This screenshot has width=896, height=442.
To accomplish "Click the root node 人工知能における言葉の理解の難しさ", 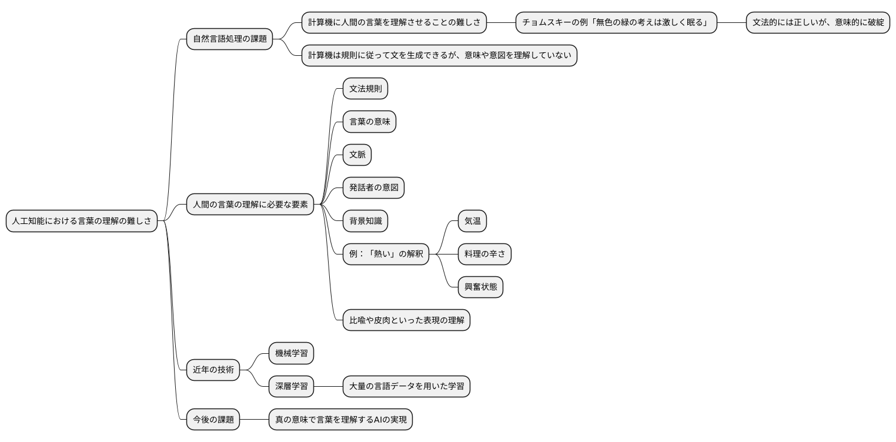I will coord(82,221).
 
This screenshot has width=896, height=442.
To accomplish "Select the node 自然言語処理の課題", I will coord(229,39).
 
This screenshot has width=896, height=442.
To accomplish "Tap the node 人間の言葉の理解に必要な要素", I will coord(250,205).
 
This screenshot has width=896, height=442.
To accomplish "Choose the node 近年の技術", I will coord(213,370).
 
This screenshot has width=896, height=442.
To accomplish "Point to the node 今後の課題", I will coord(213,420).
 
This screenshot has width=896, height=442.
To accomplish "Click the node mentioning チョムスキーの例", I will coord(616,23).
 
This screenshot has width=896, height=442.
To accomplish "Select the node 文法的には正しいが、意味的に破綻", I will coord(818,23).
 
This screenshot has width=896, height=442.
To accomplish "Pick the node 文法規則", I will coord(365,89).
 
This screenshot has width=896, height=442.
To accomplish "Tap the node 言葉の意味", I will coord(369,122).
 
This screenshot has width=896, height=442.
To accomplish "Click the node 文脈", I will coord(357,155).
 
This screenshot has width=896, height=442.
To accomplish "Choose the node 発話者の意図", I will coord(373,188).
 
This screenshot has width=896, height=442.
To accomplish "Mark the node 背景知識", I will coord(365,221).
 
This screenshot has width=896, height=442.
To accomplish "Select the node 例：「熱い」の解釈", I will coord(386,254).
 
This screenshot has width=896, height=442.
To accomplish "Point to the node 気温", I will coord(473,221).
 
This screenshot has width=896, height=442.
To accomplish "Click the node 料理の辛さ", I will coord(484,254).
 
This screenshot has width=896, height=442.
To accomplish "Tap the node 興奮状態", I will coord(480,287).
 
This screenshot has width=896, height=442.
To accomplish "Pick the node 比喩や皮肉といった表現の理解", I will coord(406,320).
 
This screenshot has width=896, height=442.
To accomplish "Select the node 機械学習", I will coord(291,353).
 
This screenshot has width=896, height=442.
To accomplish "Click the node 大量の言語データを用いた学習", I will coord(406,386).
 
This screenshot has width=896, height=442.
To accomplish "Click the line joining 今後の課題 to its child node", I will coord(254,420).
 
